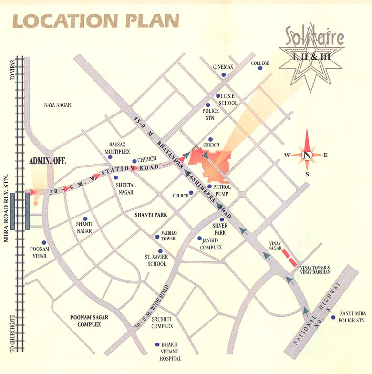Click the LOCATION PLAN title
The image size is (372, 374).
pos(95,21)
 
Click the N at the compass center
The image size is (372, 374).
pos(308,155)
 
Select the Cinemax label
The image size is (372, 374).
pos(223,67)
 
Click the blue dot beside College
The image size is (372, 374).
pos(260,69)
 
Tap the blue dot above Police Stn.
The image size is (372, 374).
pos(208,105)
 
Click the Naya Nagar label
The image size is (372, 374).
pos(57,105)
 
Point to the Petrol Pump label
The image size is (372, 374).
pos(222,191)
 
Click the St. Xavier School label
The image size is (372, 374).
pos(155,260)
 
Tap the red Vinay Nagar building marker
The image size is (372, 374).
pos(289,258)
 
